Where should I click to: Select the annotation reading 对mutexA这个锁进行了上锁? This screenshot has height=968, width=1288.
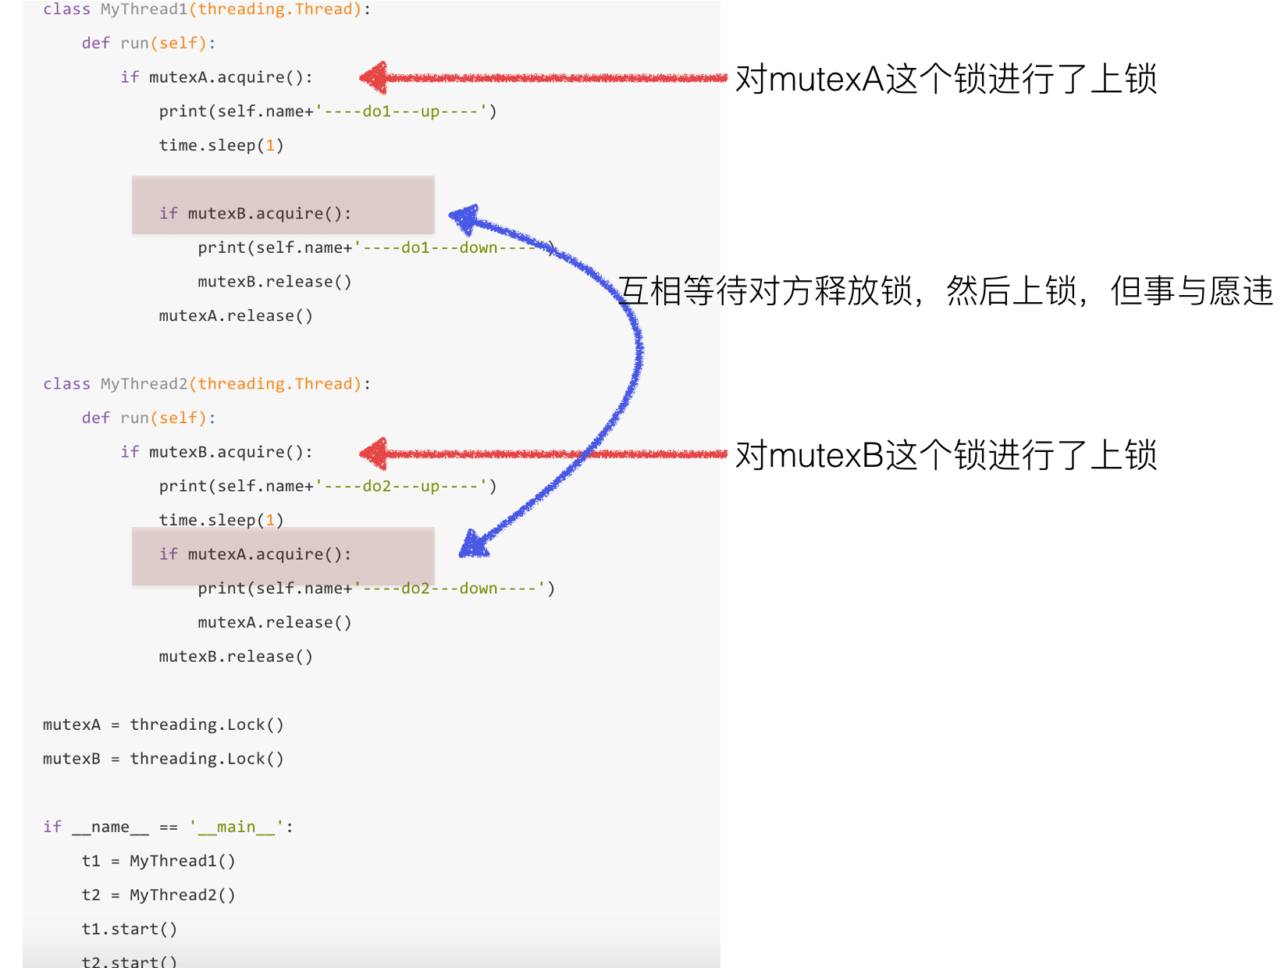(x=946, y=79)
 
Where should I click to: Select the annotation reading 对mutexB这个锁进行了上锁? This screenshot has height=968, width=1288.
(x=946, y=455)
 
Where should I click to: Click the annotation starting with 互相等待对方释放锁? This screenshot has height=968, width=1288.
(x=945, y=291)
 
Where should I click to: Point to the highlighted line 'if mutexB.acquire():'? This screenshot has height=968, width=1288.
(x=255, y=213)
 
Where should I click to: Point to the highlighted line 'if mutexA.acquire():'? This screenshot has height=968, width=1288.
(x=255, y=554)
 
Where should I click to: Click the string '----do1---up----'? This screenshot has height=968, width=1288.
(x=401, y=112)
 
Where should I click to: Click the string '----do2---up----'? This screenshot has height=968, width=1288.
(x=401, y=486)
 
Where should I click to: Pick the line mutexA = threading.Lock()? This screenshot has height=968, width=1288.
(x=163, y=724)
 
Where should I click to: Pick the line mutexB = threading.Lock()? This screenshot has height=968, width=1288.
(x=163, y=759)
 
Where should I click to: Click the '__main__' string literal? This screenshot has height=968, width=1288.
(x=237, y=827)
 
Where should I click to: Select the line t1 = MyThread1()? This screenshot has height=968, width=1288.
(x=158, y=861)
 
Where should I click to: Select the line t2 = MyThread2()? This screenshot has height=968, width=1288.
(x=158, y=895)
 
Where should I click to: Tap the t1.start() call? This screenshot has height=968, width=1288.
(x=130, y=929)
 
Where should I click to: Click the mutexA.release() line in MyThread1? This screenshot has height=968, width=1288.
(x=236, y=316)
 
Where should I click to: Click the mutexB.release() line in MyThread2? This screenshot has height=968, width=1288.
(x=236, y=657)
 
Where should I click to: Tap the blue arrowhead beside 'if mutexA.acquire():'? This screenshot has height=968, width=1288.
(x=473, y=544)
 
